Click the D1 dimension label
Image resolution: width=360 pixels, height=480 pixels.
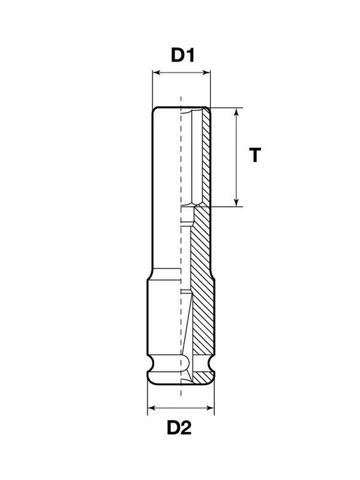pos(183,55)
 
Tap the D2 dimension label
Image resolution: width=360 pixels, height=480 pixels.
pos(179,428)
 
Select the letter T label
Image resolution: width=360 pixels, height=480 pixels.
pos(255,155)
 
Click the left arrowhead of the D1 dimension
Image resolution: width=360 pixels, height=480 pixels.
pos(156,73)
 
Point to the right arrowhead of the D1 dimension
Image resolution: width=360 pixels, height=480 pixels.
pos(207,73)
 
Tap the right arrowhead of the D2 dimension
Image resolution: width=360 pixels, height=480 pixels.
pos(210,407)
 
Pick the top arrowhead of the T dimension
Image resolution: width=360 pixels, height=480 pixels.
pos(236,112)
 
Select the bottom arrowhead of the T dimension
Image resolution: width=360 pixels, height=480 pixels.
pos(236,202)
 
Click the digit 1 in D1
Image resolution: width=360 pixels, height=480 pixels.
pos(190,55)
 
